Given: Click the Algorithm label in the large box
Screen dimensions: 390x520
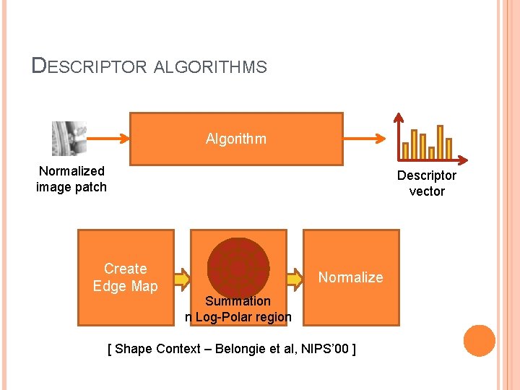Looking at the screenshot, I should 235,139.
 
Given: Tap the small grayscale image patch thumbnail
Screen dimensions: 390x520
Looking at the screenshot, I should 69,139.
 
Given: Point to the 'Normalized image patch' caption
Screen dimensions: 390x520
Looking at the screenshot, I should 71,179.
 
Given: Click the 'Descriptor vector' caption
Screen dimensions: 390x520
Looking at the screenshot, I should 427,183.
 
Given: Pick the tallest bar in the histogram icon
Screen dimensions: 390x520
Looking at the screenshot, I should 440,142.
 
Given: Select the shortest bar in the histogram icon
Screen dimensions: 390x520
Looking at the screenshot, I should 431,152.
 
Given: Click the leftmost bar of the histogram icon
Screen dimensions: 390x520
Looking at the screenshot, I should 405,150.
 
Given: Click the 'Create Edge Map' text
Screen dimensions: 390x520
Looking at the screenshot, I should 125,277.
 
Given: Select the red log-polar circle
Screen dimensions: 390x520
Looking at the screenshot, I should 238,267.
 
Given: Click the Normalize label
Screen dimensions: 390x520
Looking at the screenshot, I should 350,277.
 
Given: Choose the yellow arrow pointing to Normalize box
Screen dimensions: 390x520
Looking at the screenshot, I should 294,278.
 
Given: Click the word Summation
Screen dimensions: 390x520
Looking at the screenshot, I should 238,301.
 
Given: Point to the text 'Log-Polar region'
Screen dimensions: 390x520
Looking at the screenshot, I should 243,317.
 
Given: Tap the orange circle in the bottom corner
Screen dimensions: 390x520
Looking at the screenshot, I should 480,341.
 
